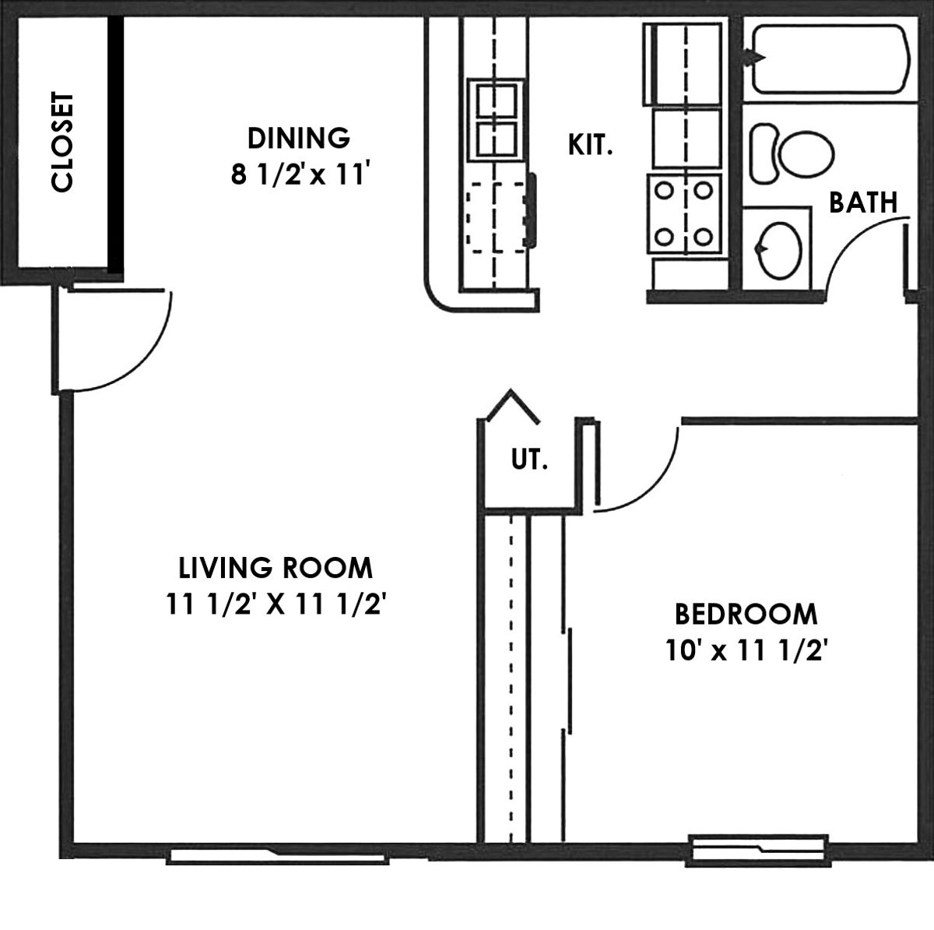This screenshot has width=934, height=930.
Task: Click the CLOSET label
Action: click(x=62, y=142)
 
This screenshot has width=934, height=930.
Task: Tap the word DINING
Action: click(x=299, y=139)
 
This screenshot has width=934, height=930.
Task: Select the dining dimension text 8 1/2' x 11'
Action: click(x=297, y=174)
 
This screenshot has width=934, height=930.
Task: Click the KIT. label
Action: click(x=590, y=145)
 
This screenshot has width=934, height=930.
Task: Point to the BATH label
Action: click(x=863, y=203)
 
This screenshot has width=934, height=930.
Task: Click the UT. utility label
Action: click(x=529, y=460)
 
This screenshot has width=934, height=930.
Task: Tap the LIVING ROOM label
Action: click(x=276, y=568)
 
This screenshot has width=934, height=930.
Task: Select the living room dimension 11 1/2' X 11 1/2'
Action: click(x=276, y=604)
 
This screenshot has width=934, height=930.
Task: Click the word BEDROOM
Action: click(x=746, y=615)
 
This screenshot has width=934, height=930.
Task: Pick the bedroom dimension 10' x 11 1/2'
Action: click(x=746, y=650)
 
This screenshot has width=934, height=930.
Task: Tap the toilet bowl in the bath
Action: click(x=806, y=154)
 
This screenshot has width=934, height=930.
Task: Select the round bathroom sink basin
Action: click(x=779, y=250)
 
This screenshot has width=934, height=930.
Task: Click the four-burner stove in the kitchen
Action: click(x=684, y=214)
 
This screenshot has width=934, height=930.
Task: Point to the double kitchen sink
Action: click(x=496, y=120)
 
